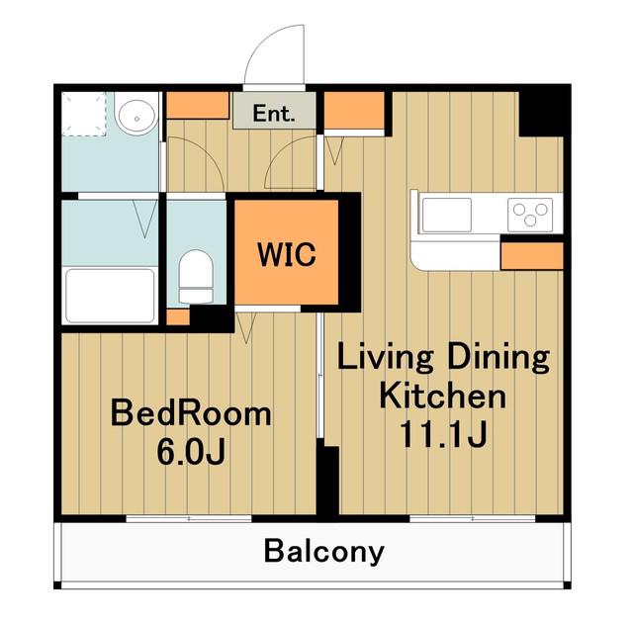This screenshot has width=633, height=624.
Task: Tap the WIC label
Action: point(287,255)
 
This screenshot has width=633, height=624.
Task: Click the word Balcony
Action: point(323,552)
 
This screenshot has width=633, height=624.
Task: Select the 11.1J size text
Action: point(443,434)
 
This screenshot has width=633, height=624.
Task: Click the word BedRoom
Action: point(191,413)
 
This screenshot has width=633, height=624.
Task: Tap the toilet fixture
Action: point(196,277)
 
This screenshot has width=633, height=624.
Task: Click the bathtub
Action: point(110,296)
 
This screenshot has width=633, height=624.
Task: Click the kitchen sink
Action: point(446,216)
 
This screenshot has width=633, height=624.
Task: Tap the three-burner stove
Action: point(530,215)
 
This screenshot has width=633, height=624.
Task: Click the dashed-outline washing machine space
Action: point(83,114)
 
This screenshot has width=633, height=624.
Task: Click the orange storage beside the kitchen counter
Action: point(532,256)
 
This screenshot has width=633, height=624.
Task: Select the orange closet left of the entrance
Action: point(198,106)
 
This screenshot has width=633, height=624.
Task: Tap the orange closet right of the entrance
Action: point(354,111)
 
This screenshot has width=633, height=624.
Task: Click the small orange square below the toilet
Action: point(178,316)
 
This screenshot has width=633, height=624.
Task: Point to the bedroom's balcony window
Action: point(189,518)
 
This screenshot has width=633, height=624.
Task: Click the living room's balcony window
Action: point(473,518)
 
